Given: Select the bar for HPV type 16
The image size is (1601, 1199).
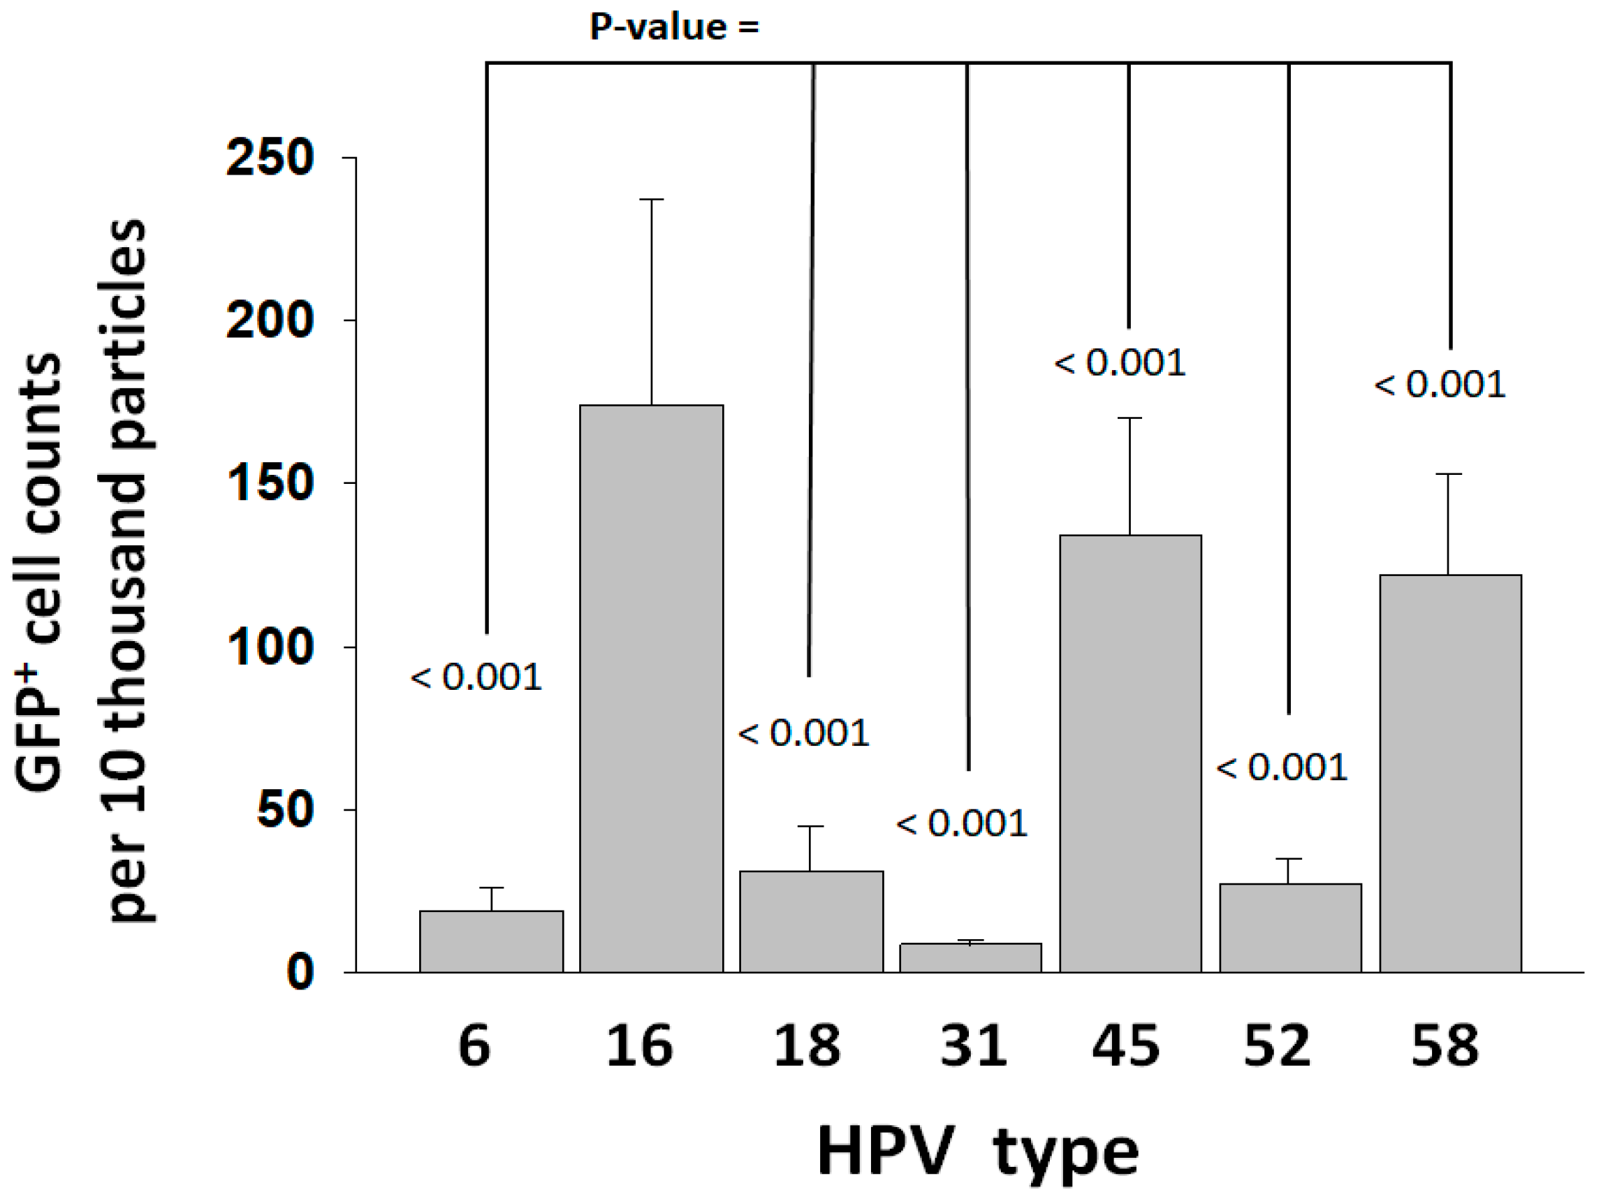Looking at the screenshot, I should pos(651,687).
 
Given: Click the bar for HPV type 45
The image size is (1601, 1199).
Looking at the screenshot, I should pos(1130,753).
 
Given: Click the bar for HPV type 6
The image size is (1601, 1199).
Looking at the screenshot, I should pos(491,941).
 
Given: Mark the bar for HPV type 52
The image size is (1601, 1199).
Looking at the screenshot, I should pos(1289,927).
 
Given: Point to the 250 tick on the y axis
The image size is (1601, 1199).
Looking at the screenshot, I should pos(269,158).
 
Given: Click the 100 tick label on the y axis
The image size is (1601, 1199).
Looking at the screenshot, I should pos(269,647).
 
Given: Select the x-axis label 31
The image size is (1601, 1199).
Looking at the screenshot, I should pos(973,1046).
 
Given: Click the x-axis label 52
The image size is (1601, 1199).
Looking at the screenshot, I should pos(1277,1046).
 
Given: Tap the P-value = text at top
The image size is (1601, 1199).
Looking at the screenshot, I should pos(674,27).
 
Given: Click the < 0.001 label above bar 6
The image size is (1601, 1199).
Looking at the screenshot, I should pos(476,678).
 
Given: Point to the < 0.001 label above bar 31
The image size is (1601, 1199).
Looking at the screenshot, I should pos(961,823).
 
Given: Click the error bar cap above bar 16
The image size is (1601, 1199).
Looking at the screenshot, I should pos(651,199).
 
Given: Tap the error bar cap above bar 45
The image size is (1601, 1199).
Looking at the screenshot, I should pos(1130,418).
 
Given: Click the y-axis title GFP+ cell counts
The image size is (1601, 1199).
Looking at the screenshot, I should pos(40,572).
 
